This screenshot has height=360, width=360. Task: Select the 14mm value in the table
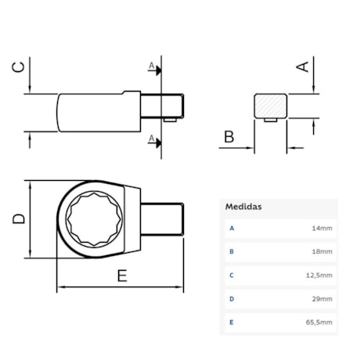click(322, 229)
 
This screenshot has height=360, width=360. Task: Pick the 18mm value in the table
click(322, 252)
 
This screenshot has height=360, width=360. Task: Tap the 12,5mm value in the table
click(319, 275)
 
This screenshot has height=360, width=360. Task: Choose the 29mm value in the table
click(322, 298)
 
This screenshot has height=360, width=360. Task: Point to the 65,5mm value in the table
click(319, 322)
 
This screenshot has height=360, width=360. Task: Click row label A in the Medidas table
click(232, 229)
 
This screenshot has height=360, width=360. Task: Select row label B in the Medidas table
click(232, 252)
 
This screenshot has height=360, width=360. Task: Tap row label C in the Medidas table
click(232, 275)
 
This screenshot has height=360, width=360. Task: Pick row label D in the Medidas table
click(232, 298)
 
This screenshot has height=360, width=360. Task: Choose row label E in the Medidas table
click(232, 322)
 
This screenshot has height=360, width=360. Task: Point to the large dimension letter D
click(19, 219)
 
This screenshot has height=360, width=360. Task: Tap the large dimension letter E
click(121, 275)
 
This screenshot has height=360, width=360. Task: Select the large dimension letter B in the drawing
click(229, 138)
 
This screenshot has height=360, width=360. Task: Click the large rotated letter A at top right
click(302, 68)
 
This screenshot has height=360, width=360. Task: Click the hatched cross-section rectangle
click(271, 106)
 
